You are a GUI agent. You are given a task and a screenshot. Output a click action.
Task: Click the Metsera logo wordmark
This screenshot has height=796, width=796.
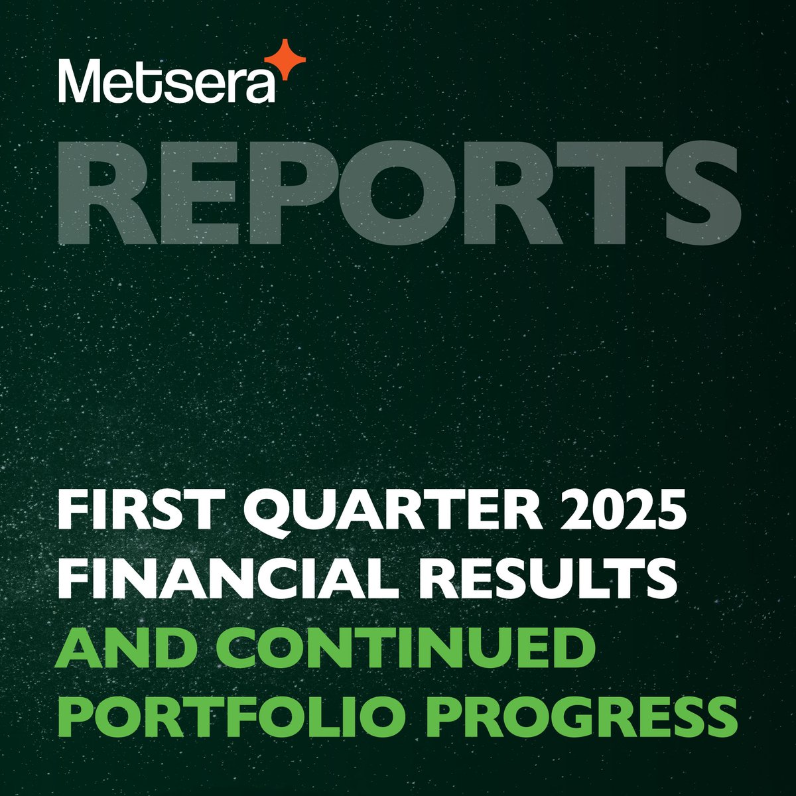pyautogui.click(x=166, y=81)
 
